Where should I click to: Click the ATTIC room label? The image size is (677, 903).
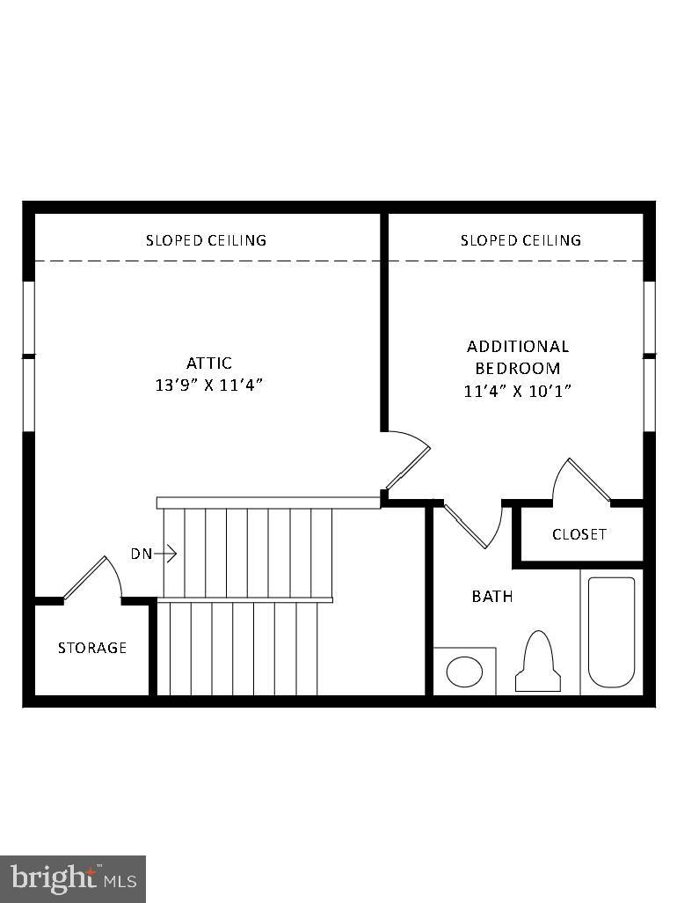click(208, 363)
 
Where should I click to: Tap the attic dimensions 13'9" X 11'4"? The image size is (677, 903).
click(208, 385)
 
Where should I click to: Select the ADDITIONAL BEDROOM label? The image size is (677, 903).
click(517, 356)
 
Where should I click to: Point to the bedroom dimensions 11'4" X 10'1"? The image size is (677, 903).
click(517, 391)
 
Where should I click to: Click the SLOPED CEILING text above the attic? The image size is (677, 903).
click(206, 239)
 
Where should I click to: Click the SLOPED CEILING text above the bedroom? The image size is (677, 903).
click(520, 239)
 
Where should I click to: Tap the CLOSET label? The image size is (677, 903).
click(579, 534)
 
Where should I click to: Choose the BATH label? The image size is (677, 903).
click(491, 597)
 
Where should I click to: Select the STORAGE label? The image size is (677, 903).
click(92, 648)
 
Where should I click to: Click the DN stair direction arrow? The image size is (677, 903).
click(155, 554)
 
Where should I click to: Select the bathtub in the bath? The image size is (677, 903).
click(611, 631)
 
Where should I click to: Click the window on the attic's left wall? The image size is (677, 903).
click(28, 356)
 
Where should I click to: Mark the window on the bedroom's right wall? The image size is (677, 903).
click(650, 356)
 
